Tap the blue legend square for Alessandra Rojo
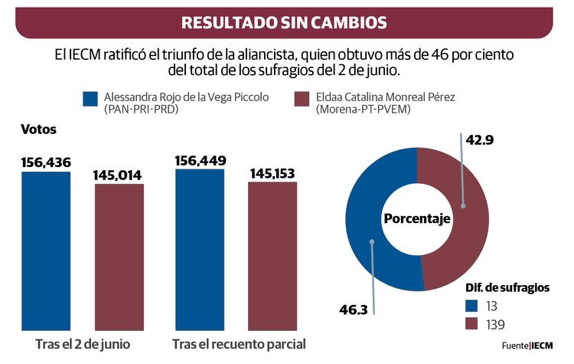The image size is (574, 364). pyautogui.click(x=90, y=100)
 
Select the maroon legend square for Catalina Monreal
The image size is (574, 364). pyautogui.click(x=302, y=100)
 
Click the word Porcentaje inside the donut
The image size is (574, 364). pyautogui.click(x=417, y=219)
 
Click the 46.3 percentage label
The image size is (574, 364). pyautogui.click(x=354, y=310)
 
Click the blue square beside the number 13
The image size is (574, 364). pyautogui.click(x=473, y=305)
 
